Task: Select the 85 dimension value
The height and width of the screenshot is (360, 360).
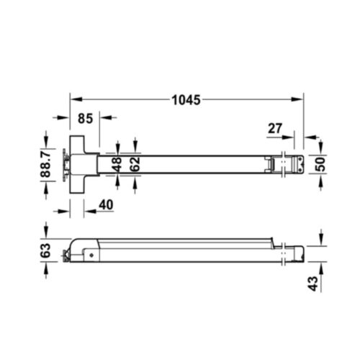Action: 85,119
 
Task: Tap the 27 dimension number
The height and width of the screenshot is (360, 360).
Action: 274,128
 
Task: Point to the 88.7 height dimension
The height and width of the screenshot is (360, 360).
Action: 45,165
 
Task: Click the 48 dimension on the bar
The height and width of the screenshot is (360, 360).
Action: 118,164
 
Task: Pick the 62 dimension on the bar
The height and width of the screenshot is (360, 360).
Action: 135,164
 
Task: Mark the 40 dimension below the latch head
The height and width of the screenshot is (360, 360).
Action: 104,205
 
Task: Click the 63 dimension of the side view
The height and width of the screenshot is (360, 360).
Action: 45,251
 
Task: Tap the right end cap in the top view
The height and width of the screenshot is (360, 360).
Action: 292,163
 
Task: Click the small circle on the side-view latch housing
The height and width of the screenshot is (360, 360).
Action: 91,253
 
